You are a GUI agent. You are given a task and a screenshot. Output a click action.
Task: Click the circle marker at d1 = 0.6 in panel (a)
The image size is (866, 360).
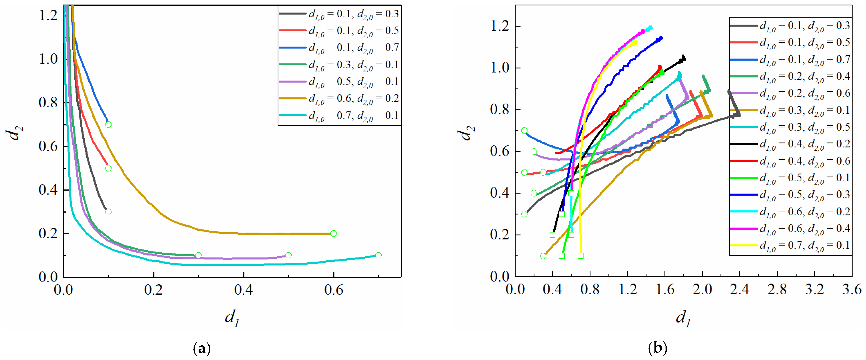tap(333, 233)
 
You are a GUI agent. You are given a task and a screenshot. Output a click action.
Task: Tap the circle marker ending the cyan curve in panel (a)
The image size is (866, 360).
tap(378, 255)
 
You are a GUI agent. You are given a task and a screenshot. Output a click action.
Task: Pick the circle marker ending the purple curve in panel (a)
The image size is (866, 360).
tap(288, 255)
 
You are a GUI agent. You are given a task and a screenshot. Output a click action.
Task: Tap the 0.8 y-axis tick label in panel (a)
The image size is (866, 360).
tap(48, 103)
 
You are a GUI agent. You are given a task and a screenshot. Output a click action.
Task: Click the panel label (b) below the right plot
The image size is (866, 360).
tap(657, 348)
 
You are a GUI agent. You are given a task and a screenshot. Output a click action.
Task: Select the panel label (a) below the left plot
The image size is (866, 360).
tap(202, 348)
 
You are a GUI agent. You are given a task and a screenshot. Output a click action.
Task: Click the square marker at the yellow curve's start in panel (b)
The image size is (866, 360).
tap(581, 256)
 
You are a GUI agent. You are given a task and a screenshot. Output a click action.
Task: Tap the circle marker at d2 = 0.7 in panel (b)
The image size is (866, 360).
tap(524, 131)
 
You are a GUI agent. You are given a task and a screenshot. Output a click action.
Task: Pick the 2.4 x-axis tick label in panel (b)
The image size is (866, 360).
tap(740, 290)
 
